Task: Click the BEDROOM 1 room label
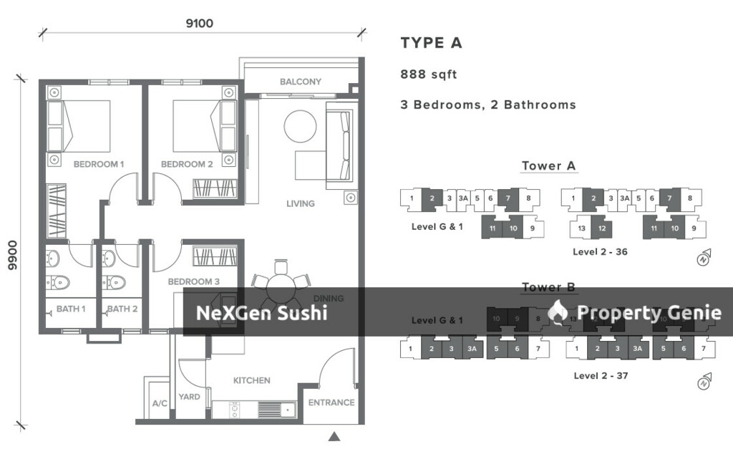tap(99, 164)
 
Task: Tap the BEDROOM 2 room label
tap(187, 164)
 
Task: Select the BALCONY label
tap(300, 82)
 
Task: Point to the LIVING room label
tap(300, 203)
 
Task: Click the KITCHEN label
tap(252, 380)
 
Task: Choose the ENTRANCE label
tap(331, 402)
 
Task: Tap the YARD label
tap(189, 397)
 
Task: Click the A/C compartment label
tap(160, 404)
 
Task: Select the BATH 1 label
tap(71, 309)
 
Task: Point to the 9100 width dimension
tap(199, 23)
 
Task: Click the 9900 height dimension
tap(11, 254)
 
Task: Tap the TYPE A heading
tap(431, 43)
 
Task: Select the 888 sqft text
tap(428, 74)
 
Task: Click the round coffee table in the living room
tap(300, 127)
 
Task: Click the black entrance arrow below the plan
tap(334, 436)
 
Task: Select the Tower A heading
tap(548, 166)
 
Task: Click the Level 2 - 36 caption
tap(600, 252)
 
